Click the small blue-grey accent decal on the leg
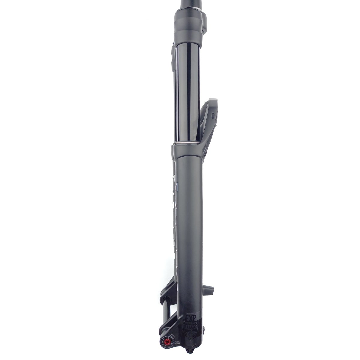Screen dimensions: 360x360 tap(177, 187)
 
